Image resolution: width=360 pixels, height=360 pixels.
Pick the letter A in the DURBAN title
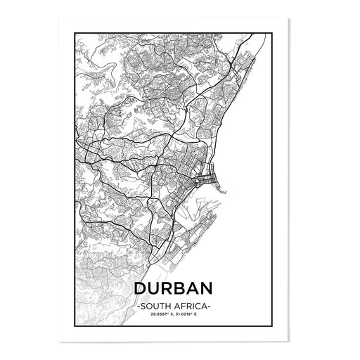(x=198, y=289)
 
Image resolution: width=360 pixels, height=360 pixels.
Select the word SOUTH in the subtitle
(x=156, y=307)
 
